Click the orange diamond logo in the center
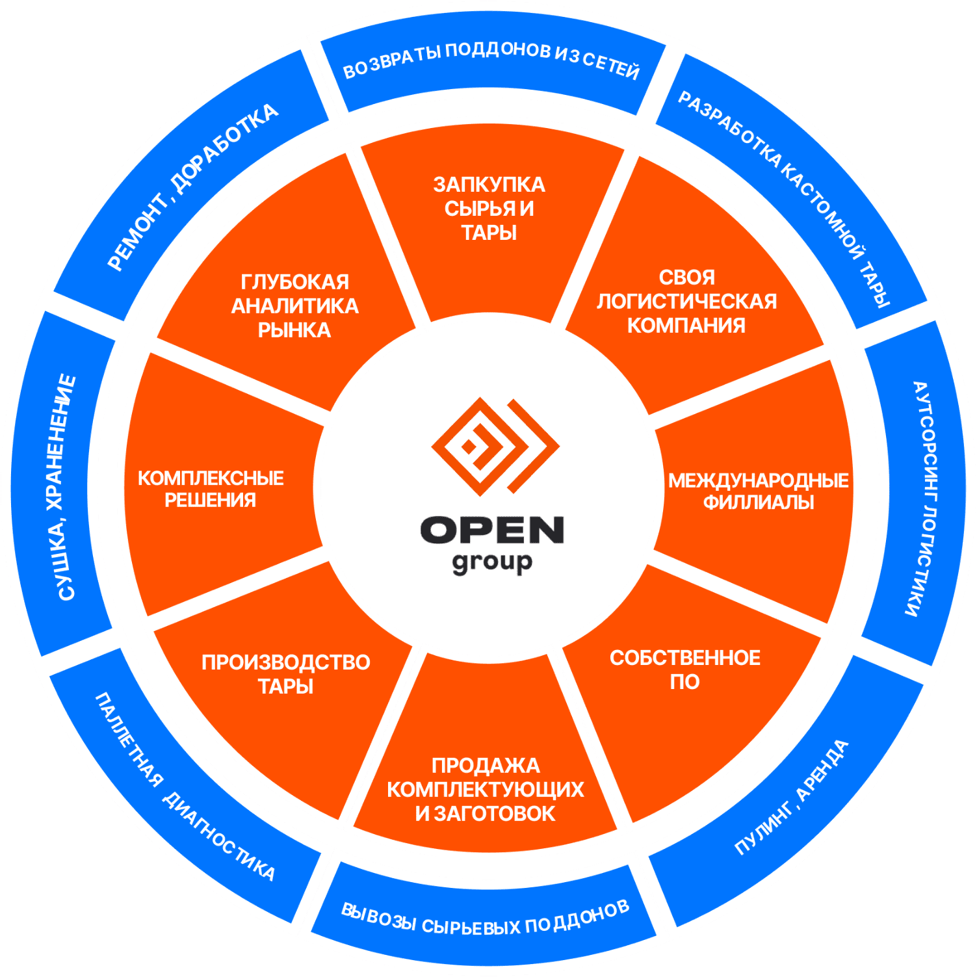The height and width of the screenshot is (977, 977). tap(494, 447)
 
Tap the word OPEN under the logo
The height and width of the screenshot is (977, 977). tap(491, 530)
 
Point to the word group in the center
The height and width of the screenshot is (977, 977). tap(491, 563)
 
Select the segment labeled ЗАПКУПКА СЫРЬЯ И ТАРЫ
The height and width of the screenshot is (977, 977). tap(489, 209)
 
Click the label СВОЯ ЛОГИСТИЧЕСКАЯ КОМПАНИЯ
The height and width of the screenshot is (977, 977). tap(686, 302)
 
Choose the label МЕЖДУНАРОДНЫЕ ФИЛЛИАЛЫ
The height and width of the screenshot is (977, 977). tap(758, 491)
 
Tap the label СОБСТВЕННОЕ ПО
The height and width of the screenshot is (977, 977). tap(685, 670)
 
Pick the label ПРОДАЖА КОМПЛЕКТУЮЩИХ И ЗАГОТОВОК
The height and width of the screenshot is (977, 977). tap(486, 789)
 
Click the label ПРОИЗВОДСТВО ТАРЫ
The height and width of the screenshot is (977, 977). tap(286, 674)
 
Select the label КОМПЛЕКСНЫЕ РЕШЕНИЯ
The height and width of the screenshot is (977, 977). tap(211, 489)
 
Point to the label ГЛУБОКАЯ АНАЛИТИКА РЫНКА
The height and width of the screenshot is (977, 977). tap(294, 306)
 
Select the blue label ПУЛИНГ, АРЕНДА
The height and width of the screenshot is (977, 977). tap(792, 797)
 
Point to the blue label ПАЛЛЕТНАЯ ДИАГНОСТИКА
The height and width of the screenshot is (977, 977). tap(186, 787)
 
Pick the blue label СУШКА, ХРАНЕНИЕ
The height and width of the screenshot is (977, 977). tap(66, 488)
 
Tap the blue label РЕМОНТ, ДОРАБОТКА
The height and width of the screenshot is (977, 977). tap(192, 187)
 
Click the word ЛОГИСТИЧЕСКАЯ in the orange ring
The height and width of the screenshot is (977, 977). tap(686, 302)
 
